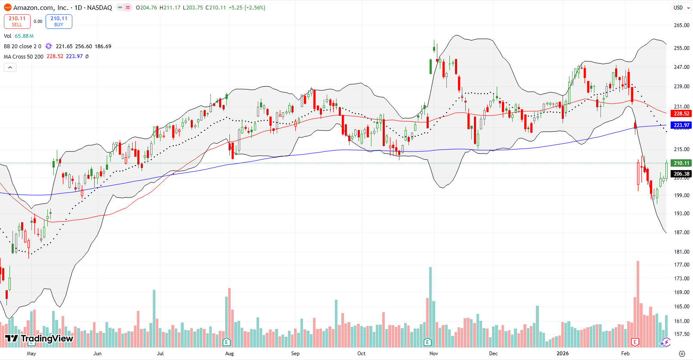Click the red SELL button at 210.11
[17, 21]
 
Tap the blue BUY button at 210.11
[59, 21]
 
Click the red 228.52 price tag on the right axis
[681, 114]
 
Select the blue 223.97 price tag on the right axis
[681, 125]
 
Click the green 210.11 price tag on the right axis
[681, 163]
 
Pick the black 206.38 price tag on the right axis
[681, 174]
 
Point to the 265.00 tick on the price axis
[681, 25]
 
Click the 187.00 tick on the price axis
[681, 233]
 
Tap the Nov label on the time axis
[433, 354]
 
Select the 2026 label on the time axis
[562, 354]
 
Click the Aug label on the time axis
[229, 354]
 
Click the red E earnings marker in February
[634, 342]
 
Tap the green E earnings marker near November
[427, 342]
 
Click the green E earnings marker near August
[226, 342]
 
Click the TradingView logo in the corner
[39, 338]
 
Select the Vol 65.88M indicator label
[19, 36]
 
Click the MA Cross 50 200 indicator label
[24, 56]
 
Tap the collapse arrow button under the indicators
[10, 67]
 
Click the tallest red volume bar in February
[638, 301]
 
